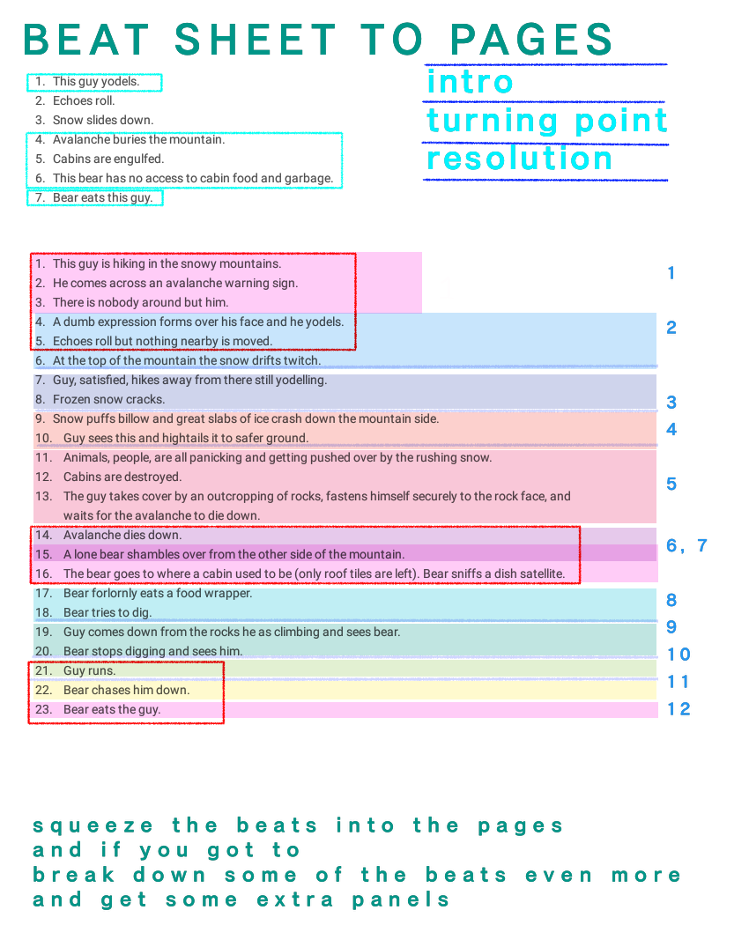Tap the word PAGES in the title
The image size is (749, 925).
click(531, 40)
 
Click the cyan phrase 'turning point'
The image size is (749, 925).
click(546, 121)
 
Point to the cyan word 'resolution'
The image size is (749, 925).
click(520, 159)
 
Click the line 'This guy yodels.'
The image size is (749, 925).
click(95, 82)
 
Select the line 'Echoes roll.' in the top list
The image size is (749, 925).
click(84, 101)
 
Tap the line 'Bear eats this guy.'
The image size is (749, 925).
click(102, 198)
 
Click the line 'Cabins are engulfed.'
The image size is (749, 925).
click(108, 159)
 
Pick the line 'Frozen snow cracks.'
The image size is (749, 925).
click(108, 400)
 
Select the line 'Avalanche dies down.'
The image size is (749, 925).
click(122, 536)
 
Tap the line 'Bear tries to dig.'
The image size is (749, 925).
click(108, 613)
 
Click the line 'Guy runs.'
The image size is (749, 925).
click(89, 671)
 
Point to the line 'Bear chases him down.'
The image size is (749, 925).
click(126, 691)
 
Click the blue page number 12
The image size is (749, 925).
click(679, 709)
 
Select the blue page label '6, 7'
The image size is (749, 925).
click(686, 545)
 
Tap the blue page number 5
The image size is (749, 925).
click(671, 484)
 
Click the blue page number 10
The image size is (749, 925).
click(679, 655)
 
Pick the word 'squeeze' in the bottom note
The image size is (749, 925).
click(93, 826)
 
